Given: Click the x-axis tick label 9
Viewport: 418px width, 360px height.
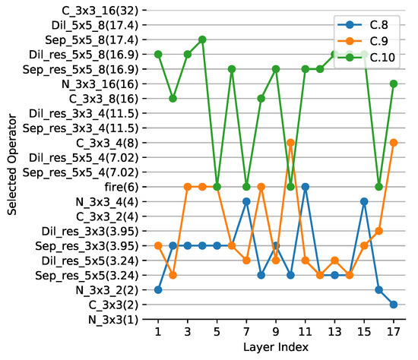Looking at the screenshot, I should [x=276, y=333].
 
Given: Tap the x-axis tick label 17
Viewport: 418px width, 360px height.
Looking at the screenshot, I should [x=393, y=333].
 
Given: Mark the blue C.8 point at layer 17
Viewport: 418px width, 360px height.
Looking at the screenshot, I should [x=393, y=305].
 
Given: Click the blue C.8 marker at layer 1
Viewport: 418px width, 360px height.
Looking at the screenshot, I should [x=158, y=289].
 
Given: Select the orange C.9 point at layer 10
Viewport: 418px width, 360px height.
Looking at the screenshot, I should [x=290, y=142].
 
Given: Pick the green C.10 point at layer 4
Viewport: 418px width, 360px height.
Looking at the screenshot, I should [x=202, y=39].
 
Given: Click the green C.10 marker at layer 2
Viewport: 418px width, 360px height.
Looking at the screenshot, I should [x=173, y=98].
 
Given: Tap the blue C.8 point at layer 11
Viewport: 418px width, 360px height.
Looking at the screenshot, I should [x=305, y=186].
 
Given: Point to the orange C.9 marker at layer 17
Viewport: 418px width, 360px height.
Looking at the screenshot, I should [x=393, y=142].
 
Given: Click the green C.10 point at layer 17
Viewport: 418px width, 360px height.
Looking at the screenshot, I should [x=393, y=84].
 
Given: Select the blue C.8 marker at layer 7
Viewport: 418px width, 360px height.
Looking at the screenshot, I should [x=246, y=201].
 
